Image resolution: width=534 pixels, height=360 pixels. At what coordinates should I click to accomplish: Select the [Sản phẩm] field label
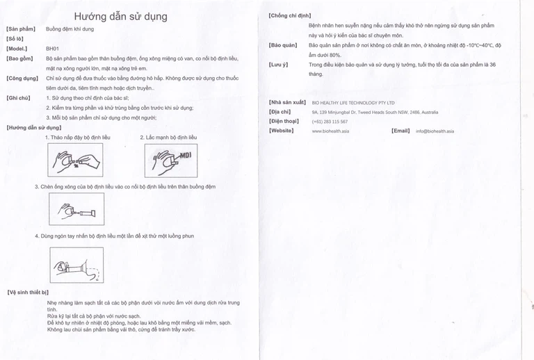coord(20,29)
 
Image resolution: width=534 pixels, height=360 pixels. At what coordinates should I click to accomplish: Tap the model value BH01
coord(53,49)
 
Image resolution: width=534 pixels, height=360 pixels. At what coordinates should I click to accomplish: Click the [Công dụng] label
coord(22,79)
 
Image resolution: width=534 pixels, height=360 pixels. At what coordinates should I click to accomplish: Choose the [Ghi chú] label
coord(18,98)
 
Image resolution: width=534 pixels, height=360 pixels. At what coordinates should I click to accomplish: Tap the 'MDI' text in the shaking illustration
coord(186,155)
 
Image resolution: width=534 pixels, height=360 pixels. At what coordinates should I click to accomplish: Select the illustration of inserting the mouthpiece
coord(76,209)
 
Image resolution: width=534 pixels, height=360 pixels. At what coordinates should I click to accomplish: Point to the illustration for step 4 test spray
coord(76,264)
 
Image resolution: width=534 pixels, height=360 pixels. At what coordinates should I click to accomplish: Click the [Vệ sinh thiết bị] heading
coord(28,293)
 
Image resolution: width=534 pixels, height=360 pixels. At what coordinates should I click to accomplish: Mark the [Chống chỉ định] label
coord(290,15)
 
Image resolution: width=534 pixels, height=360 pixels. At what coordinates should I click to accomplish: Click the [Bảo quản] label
coord(283,44)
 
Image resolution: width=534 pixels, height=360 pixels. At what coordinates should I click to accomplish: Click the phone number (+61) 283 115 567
coord(330,121)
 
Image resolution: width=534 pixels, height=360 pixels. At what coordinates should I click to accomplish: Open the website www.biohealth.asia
coord(330,131)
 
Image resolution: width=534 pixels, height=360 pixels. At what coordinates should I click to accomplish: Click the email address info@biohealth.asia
coord(435,131)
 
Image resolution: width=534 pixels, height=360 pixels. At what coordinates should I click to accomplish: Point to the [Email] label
coord(400,130)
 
